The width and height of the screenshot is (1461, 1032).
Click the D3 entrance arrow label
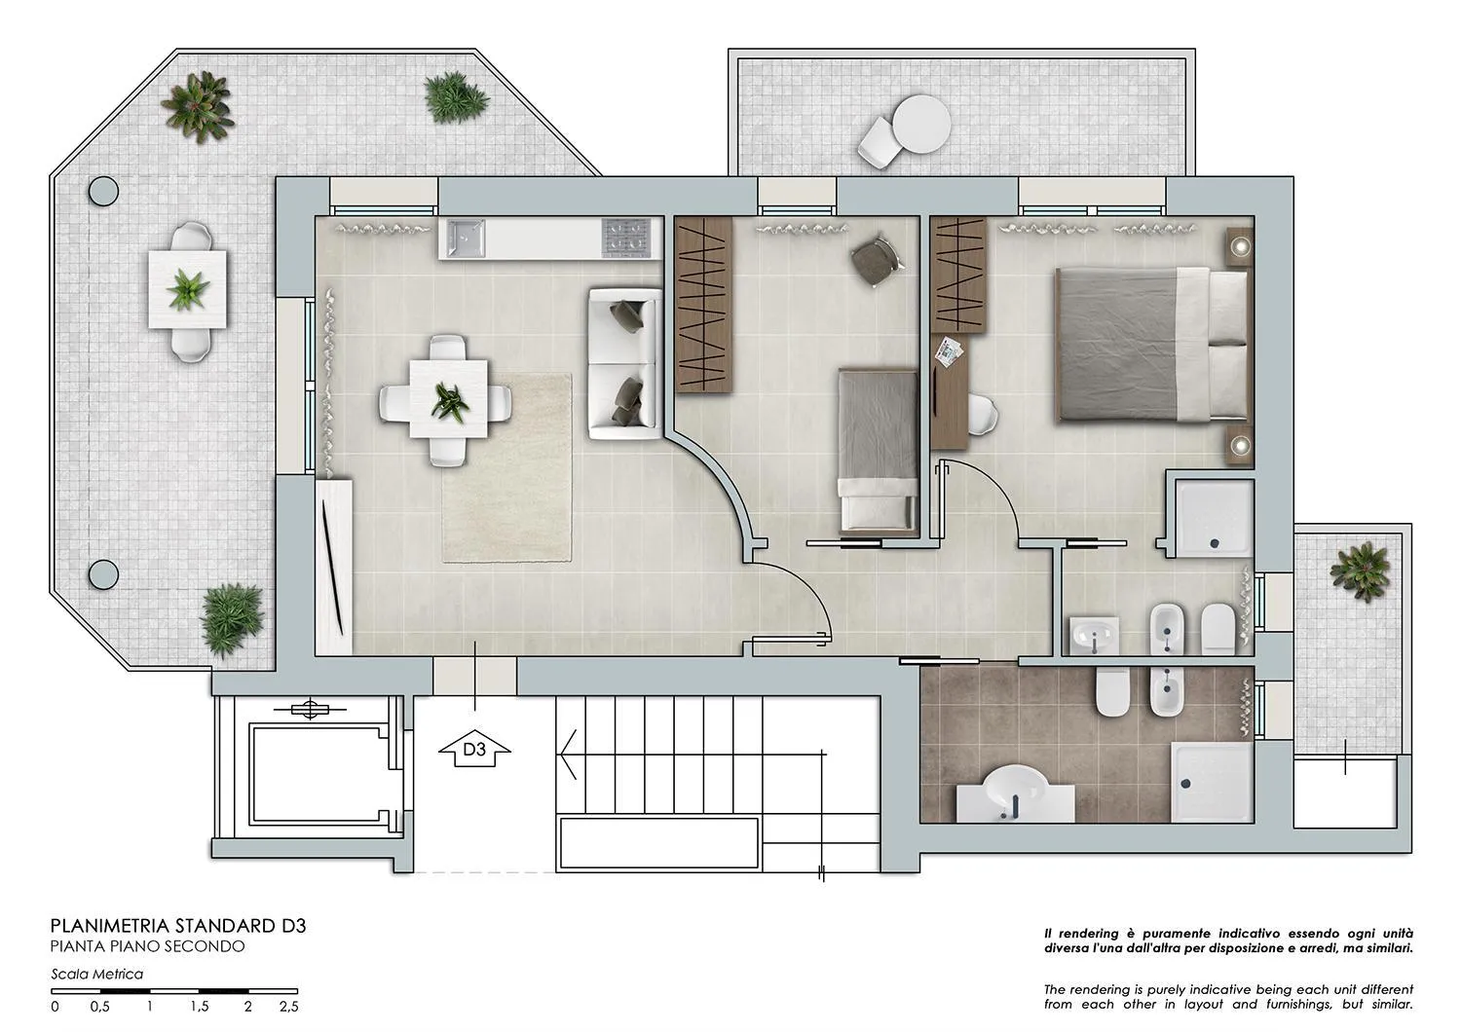474,750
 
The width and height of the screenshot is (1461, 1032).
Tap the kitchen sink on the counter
466,238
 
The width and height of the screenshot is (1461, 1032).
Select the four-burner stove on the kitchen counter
625,238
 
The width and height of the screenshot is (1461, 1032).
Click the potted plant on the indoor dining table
449,400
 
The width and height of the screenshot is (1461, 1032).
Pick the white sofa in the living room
625,363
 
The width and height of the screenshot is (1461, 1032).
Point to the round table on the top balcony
920,124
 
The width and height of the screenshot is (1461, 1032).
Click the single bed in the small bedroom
878,449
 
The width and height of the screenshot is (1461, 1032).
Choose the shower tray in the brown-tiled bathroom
1212,781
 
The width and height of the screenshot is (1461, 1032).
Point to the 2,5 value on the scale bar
288,1007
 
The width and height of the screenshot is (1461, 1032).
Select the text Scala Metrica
97,974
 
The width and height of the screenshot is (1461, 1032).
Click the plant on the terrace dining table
188,290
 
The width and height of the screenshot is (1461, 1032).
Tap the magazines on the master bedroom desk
949,350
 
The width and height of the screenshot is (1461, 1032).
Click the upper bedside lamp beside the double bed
1239,246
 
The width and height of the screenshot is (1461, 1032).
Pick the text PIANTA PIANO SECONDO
147,946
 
